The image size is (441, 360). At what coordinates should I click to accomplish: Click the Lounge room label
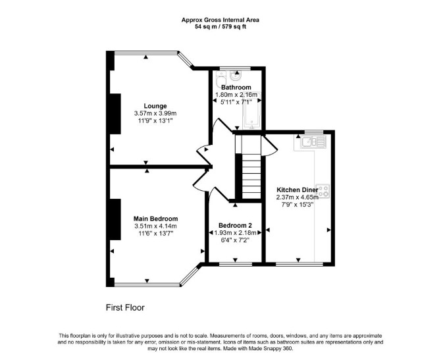[x=155, y=106]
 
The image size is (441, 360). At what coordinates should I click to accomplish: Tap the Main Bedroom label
[x=155, y=219]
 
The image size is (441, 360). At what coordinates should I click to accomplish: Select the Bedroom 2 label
[x=235, y=225]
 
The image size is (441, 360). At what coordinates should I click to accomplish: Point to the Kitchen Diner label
[x=298, y=190]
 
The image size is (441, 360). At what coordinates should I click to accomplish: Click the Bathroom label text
[x=236, y=87]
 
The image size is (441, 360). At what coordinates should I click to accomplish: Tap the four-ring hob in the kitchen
[x=323, y=191]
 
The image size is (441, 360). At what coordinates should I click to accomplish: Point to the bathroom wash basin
[x=236, y=75]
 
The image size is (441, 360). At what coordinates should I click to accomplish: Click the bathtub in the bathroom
[x=251, y=111]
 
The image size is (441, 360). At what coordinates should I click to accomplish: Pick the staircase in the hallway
[x=251, y=176]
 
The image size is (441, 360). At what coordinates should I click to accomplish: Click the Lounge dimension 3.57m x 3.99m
[x=155, y=113]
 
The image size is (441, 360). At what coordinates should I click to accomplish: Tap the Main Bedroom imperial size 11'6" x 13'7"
[x=155, y=233]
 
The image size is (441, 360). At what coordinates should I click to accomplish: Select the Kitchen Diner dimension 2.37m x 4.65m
[x=298, y=197]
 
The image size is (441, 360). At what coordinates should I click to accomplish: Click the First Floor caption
[x=125, y=307]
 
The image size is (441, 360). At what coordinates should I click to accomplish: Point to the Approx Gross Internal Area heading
[x=220, y=20]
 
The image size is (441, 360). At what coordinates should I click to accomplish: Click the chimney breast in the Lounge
[x=115, y=114]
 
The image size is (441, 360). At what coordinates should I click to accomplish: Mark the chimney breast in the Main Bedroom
[x=115, y=219]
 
